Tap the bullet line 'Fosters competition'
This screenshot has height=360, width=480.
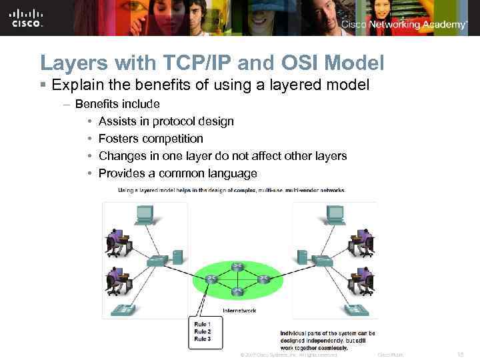point(151,139)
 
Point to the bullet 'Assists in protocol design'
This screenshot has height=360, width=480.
point(166,121)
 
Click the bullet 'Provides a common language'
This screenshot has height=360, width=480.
point(177,173)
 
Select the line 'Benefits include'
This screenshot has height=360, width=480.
point(117,104)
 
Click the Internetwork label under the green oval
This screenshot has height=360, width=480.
point(239,310)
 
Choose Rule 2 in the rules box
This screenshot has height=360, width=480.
point(202,331)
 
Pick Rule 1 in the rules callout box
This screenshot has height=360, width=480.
point(202,324)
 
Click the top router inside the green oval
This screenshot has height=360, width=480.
point(236,267)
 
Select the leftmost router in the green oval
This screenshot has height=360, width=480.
point(211,279)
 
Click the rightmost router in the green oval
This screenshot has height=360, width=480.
point(263,279)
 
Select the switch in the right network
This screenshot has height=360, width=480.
point(323,260)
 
